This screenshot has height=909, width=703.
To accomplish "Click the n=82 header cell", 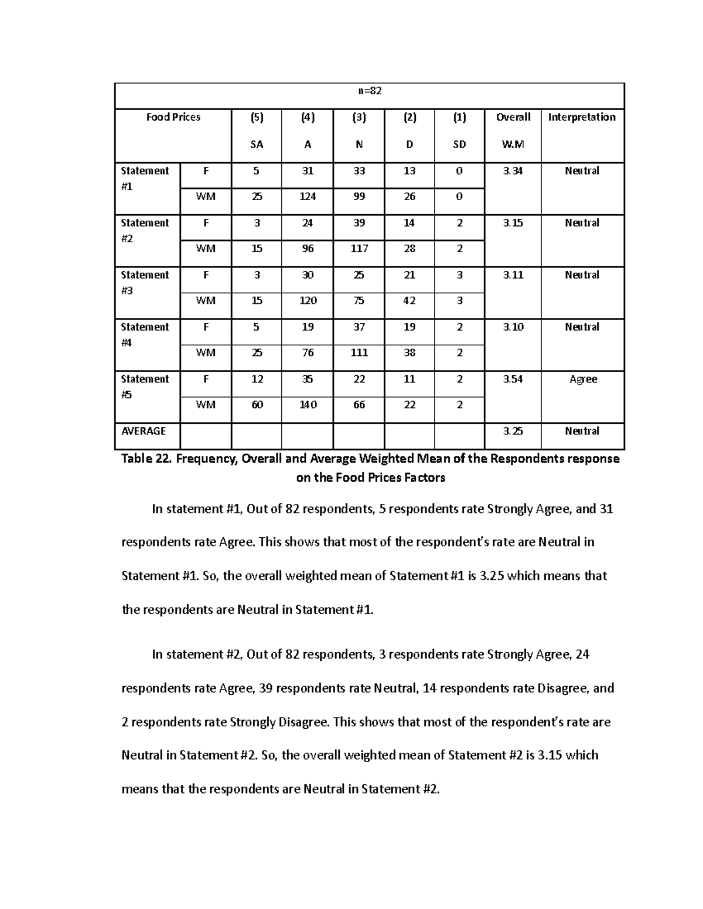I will click(370, 91).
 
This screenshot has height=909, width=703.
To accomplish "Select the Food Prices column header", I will click(173, 117).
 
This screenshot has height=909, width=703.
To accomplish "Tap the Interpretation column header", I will click(582, 117).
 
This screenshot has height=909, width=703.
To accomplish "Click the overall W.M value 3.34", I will click(513, 171).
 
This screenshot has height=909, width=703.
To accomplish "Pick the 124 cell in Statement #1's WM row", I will click(308, 197).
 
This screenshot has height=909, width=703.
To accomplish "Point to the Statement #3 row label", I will click(145, 282).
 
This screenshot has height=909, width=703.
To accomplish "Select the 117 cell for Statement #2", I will click(359, 249).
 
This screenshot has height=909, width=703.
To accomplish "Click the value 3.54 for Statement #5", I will click(513, 379).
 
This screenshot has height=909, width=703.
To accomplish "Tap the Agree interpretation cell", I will click(583, 379).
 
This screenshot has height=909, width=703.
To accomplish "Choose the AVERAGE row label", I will click(144, 431).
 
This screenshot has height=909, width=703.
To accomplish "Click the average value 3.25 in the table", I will click(513, 431).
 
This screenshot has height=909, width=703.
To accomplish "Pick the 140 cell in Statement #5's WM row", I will click(308, 405).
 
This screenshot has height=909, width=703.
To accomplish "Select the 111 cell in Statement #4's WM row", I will click(359, 353).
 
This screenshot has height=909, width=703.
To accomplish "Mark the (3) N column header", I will click(359, 130).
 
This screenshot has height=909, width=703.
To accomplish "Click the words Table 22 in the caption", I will click(145, 459).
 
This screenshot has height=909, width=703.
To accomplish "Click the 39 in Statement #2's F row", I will click(359, 223).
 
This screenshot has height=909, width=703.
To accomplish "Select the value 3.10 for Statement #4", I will click(513, 327).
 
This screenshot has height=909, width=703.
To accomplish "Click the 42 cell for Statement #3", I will click(409, 301).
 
